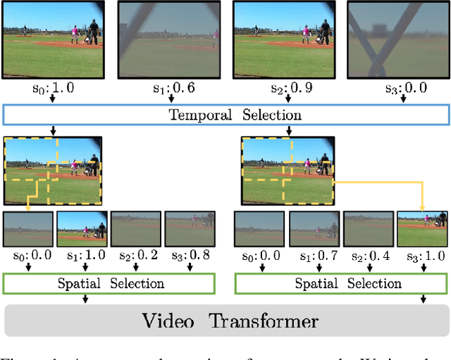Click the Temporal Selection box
[225, 115]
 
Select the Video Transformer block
[225, 322]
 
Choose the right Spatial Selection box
[340, 284]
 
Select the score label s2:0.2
[136, 256]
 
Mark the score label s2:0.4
[367, 256]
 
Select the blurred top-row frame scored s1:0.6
[166, 39]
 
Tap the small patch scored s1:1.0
[81, 228]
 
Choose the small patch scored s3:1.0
[422, 228]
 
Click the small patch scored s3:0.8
[190, 228]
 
